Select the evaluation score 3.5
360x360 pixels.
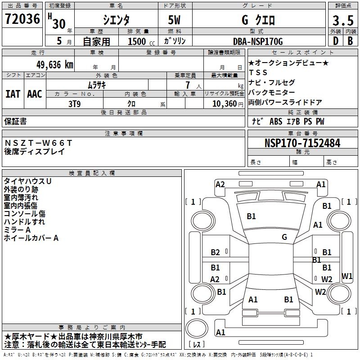[342, 20]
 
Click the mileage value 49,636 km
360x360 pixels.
[49, 64]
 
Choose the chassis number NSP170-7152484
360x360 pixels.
[302, 143]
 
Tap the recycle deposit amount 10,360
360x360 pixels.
[224, 104]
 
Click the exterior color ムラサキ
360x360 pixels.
[96, 85]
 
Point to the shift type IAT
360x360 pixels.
[12, 94]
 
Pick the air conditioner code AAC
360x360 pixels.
[34, 94]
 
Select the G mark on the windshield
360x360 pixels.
[284, 237]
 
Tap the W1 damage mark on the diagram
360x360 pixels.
[347, 276]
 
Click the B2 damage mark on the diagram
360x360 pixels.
[215, 252]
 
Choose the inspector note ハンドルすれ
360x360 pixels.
[24, 222]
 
